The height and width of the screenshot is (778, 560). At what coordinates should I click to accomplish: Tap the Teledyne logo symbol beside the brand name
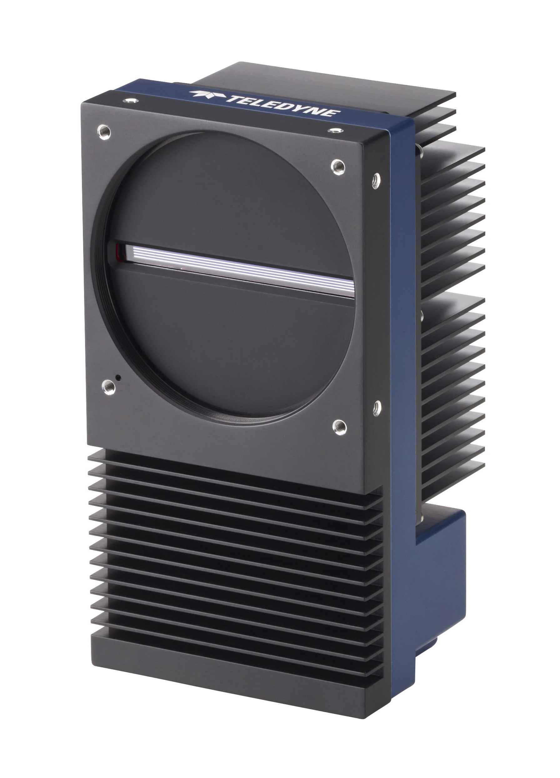pos(206,94)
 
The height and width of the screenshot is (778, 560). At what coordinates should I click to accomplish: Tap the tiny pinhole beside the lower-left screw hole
pos(118,377)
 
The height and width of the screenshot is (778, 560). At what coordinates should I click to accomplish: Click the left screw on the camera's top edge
pos(130,100)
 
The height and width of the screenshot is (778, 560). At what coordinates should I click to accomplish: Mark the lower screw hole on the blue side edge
pos(377,407)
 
